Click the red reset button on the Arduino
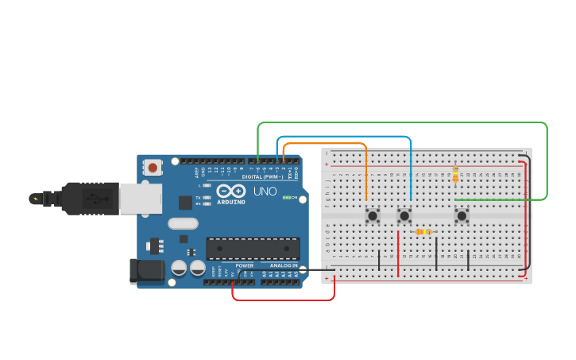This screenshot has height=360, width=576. [152, 167]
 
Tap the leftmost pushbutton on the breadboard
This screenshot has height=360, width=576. [372, 215]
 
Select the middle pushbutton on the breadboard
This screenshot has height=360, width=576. [404, 215]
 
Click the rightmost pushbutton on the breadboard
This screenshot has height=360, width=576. [462, 215]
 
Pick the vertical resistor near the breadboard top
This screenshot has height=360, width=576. [455, 174]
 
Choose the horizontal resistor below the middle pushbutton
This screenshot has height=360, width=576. [423, 232]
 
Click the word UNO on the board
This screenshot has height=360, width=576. [265, 192]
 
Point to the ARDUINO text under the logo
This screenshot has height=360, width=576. [231, 202]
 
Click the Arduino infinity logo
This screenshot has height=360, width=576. [231, 192]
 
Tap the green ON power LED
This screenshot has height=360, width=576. [286, 197]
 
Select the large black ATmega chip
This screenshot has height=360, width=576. [253, 248]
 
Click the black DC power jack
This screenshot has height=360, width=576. [147, 271]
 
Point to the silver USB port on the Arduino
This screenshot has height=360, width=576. [141, 199]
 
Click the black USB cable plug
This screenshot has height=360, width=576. [91, 199]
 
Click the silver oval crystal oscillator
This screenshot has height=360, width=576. [183, 224]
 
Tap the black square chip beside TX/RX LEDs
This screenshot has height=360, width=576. [185, 203]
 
